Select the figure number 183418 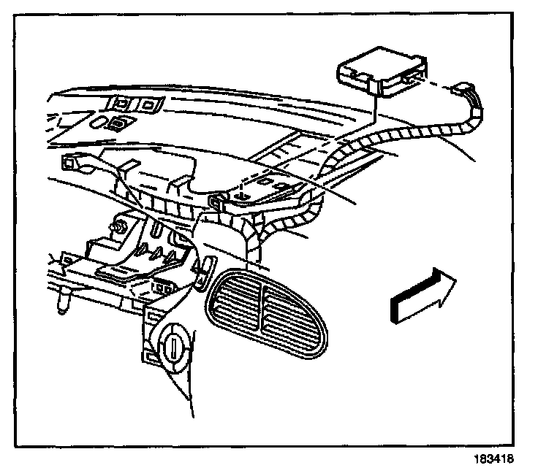494,460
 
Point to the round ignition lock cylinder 174,340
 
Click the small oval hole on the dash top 119,122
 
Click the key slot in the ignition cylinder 174,341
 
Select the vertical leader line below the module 374,110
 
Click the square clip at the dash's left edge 70,163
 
